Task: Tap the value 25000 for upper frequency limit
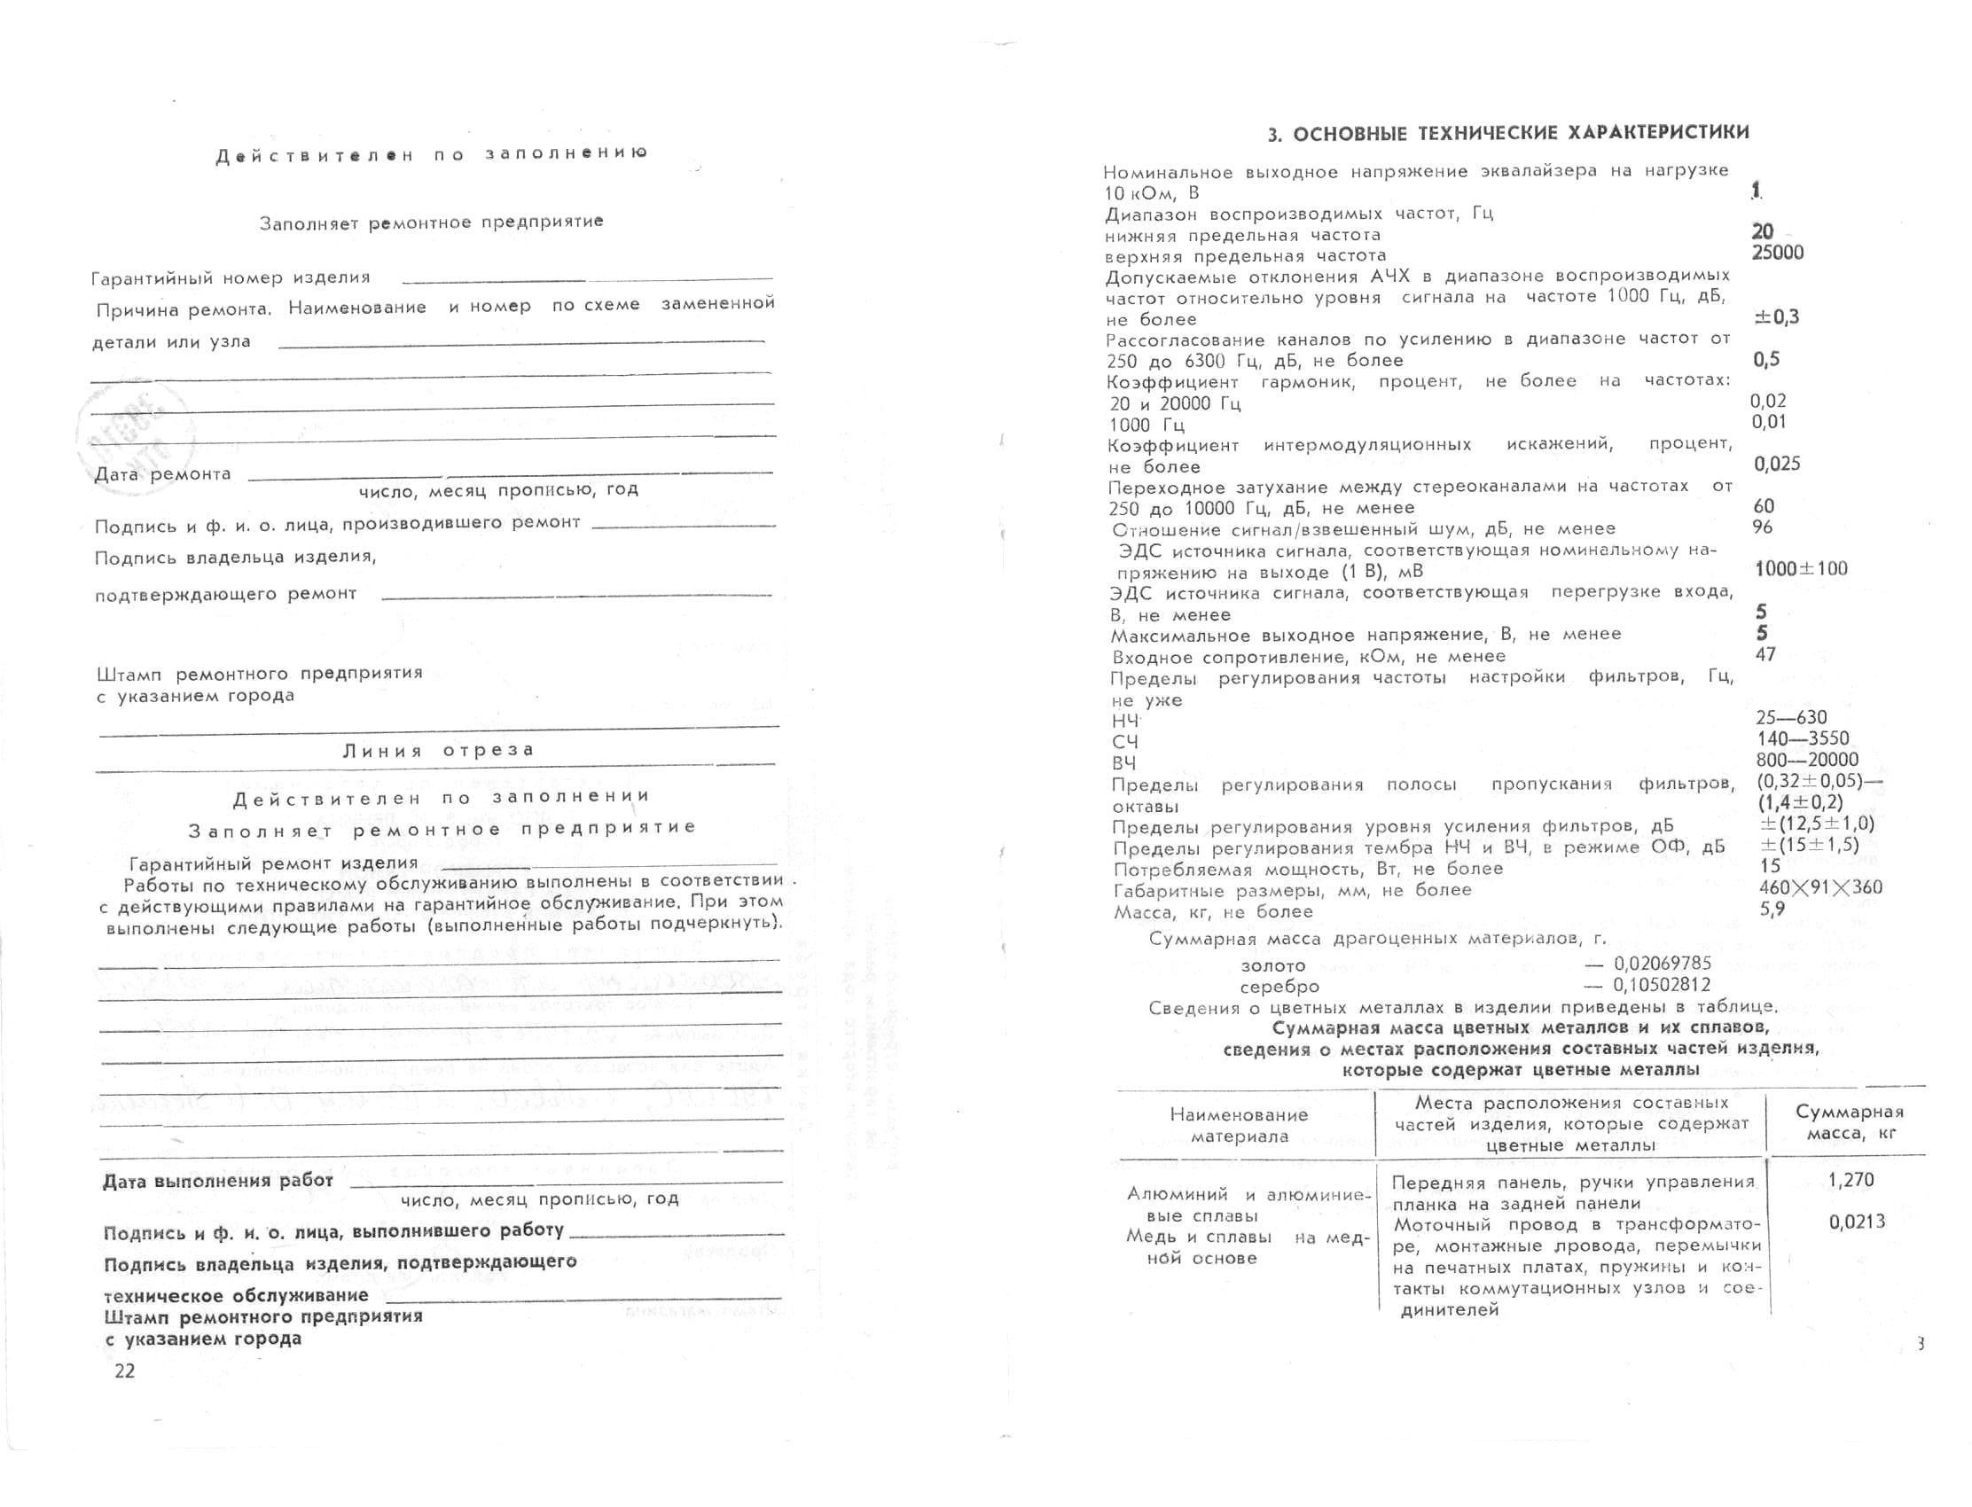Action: click(x=1777, y=253)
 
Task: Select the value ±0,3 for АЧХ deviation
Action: click(x=1776, y=317)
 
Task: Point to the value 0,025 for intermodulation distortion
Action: click(x=1777, y=464)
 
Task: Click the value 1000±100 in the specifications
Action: click(x=1801, y=569)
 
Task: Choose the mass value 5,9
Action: click(x=1772, y=909)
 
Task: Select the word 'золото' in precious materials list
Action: click(x=1273, y=966)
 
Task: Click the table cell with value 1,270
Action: click(x=1850, y=1181)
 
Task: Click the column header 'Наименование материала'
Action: click(x=1239, y=1126)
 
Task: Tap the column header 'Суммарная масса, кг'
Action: click(x=1849, y=1122)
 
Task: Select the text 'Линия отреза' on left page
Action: click(x=439, y=750)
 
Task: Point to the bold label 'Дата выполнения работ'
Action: click(x=218, y=1182)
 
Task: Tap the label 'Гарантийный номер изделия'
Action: click(x=231, y=278)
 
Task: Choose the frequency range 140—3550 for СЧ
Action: click(x=1803, y=738)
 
